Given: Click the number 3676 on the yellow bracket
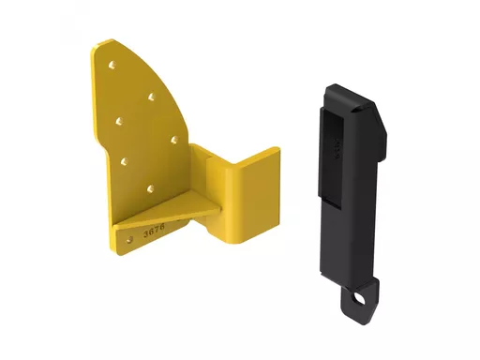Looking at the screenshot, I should [153, 228].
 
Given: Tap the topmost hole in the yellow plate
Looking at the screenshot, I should [112, 67].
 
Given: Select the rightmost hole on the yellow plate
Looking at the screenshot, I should [175, 140].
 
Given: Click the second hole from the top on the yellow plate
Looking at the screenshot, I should [151, 97].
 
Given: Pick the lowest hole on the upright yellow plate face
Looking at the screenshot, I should [149, 188].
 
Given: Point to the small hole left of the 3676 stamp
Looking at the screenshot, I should [128, 234].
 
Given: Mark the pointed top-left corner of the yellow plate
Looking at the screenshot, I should [97, 44].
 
